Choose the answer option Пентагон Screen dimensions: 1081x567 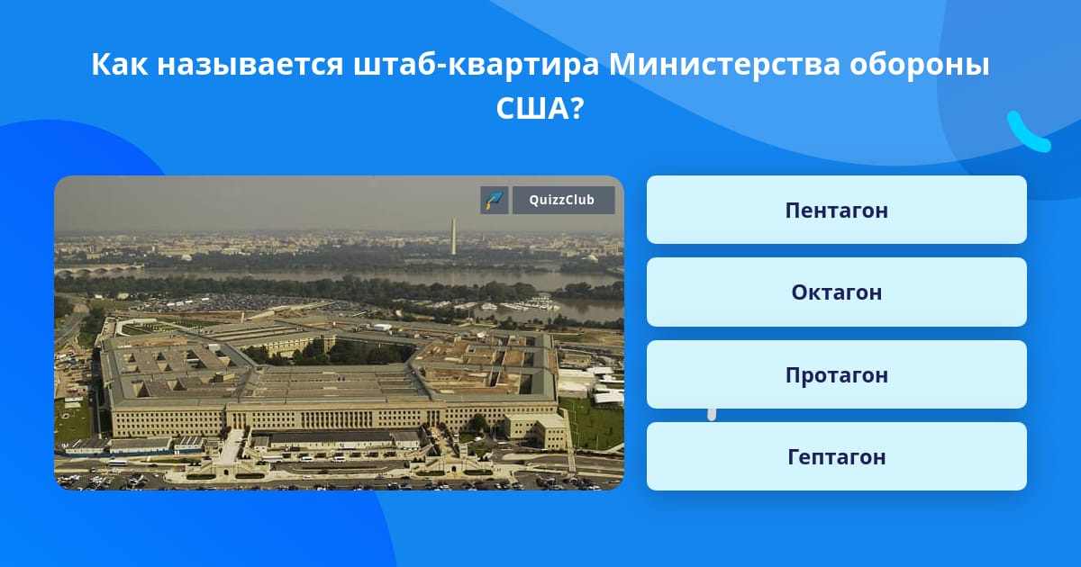pyautogui.click(x=836, y=210)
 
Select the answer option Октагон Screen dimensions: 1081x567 pyautogui.click(x=836, y=292)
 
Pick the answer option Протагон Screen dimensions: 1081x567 pyautogui.click(x=836, y=374)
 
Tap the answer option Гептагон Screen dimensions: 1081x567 pyautogui.click(x=836, y=456)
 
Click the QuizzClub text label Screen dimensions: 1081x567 pyautogui.click(x=562, y=200)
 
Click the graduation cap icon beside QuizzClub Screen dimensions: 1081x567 pyautogui.click(x=495, y=200)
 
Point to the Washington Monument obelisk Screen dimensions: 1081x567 pyautogui.click(x=453, y=236)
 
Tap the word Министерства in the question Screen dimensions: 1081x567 pyautogui.click(x=724, y=64)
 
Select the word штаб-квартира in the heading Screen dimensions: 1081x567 pyautogui.click(x=477, y=64)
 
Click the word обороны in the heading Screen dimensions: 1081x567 pyautogui.click(x=920, y=64)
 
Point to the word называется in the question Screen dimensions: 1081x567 pyautogui.click(x=250, y=64)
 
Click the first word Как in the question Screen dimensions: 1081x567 pyautogui.click(x=120, y=64)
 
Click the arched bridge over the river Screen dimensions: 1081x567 pyautogui.click(x=99, y=269)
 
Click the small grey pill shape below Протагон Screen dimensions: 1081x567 pyautogui.click(x=712, y=415)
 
